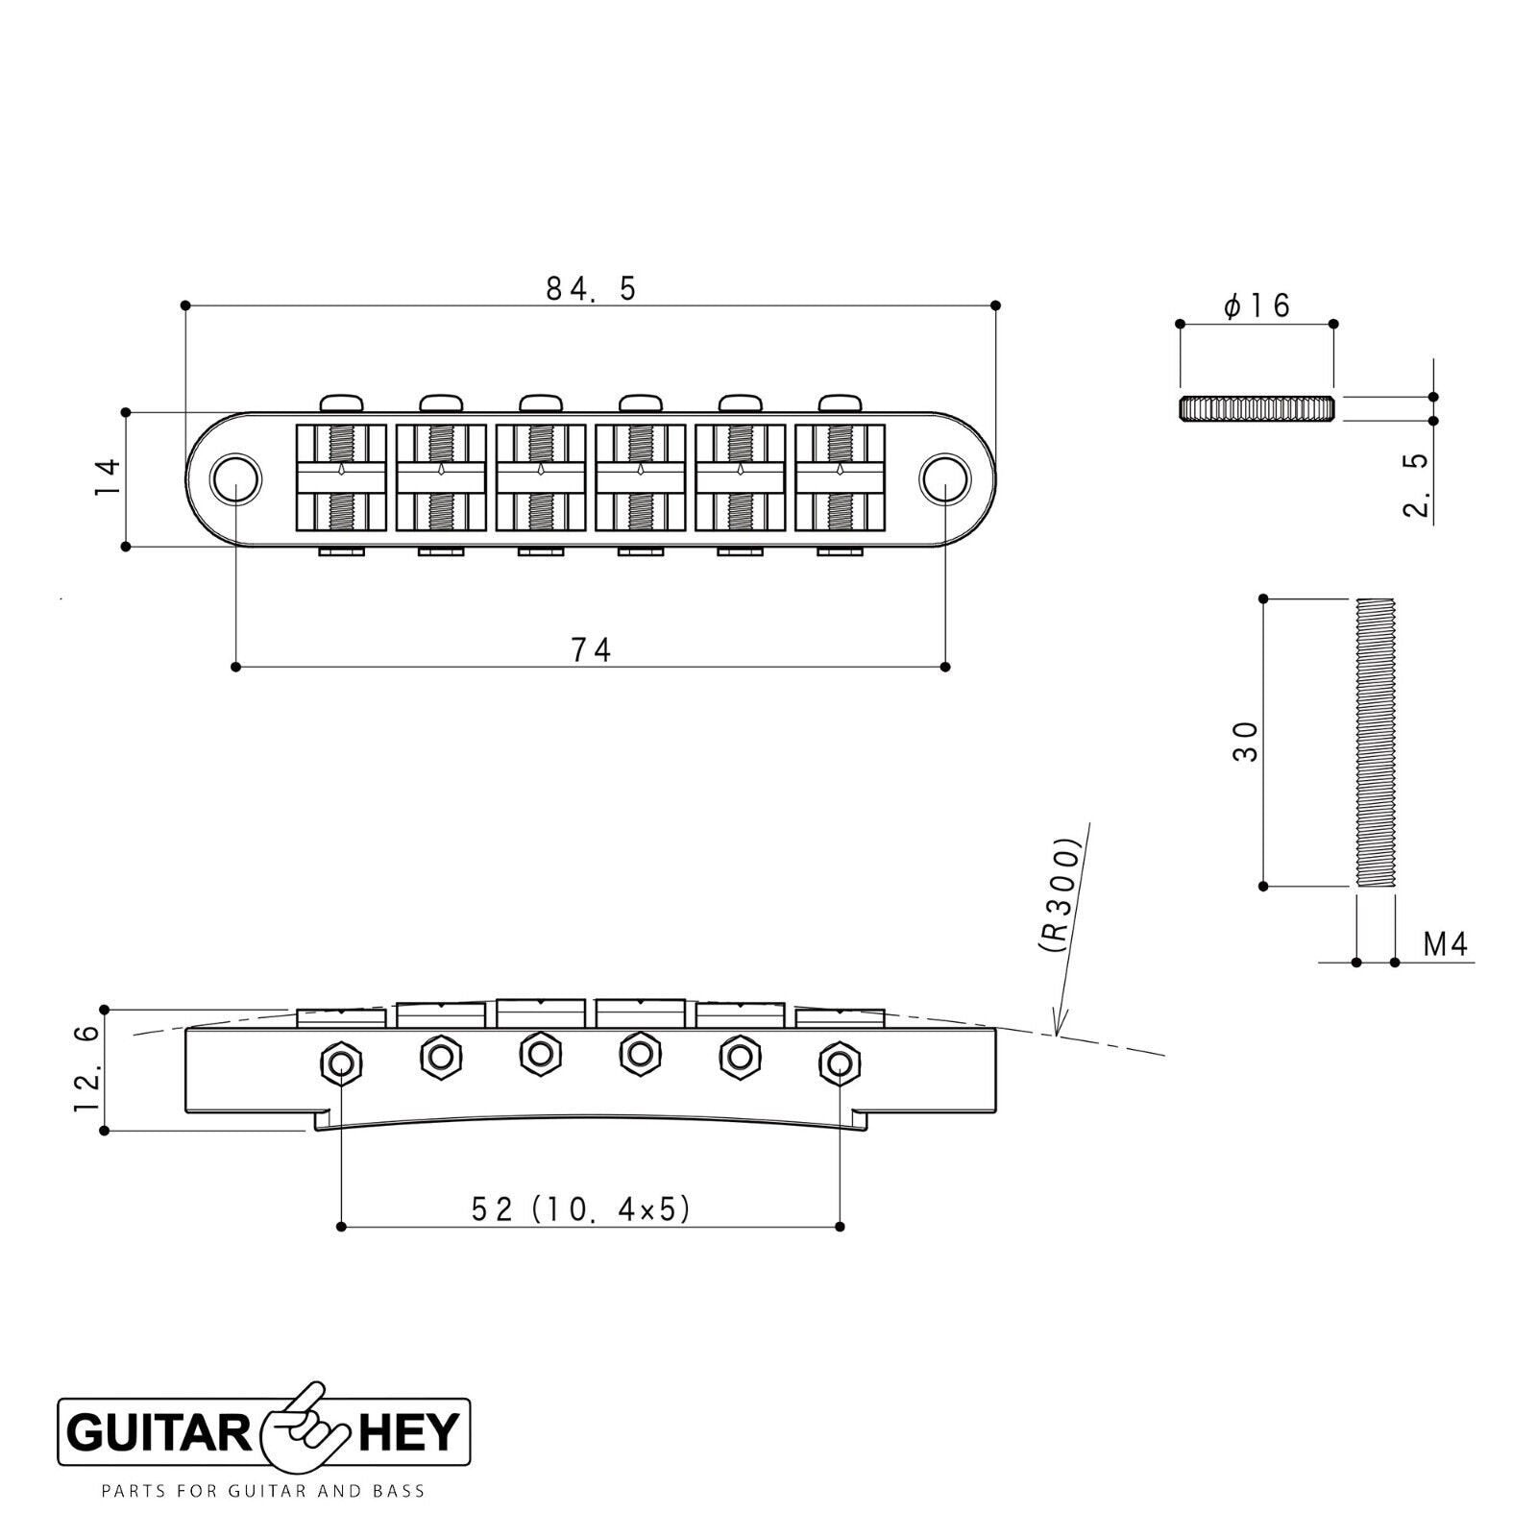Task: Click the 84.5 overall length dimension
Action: pos(591,288)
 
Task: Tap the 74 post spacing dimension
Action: pos(591,650)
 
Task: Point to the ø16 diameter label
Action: pos(1256,305)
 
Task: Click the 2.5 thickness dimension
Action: pos(1417,485)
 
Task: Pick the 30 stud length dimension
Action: pos(1245,742)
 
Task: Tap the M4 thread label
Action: pos(1446,945)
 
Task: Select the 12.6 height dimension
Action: pos(88,1068)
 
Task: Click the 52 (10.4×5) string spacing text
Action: pos(581,1209)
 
